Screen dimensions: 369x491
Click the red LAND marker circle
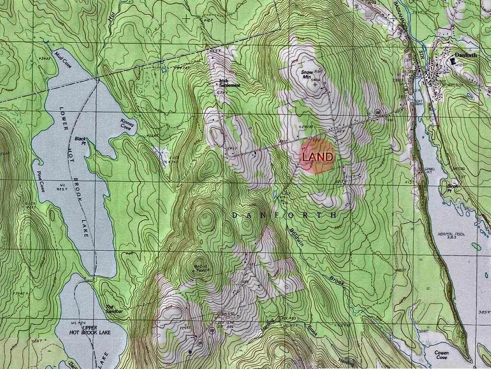pyautogui.click(x=317, y=156)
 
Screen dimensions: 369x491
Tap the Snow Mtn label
pyautogui.click(x=307, y=75)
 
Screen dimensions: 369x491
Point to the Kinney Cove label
pyautogui.click(x=128, y=125)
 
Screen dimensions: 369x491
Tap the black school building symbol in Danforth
pyautogui.click(x=453, y=61)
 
